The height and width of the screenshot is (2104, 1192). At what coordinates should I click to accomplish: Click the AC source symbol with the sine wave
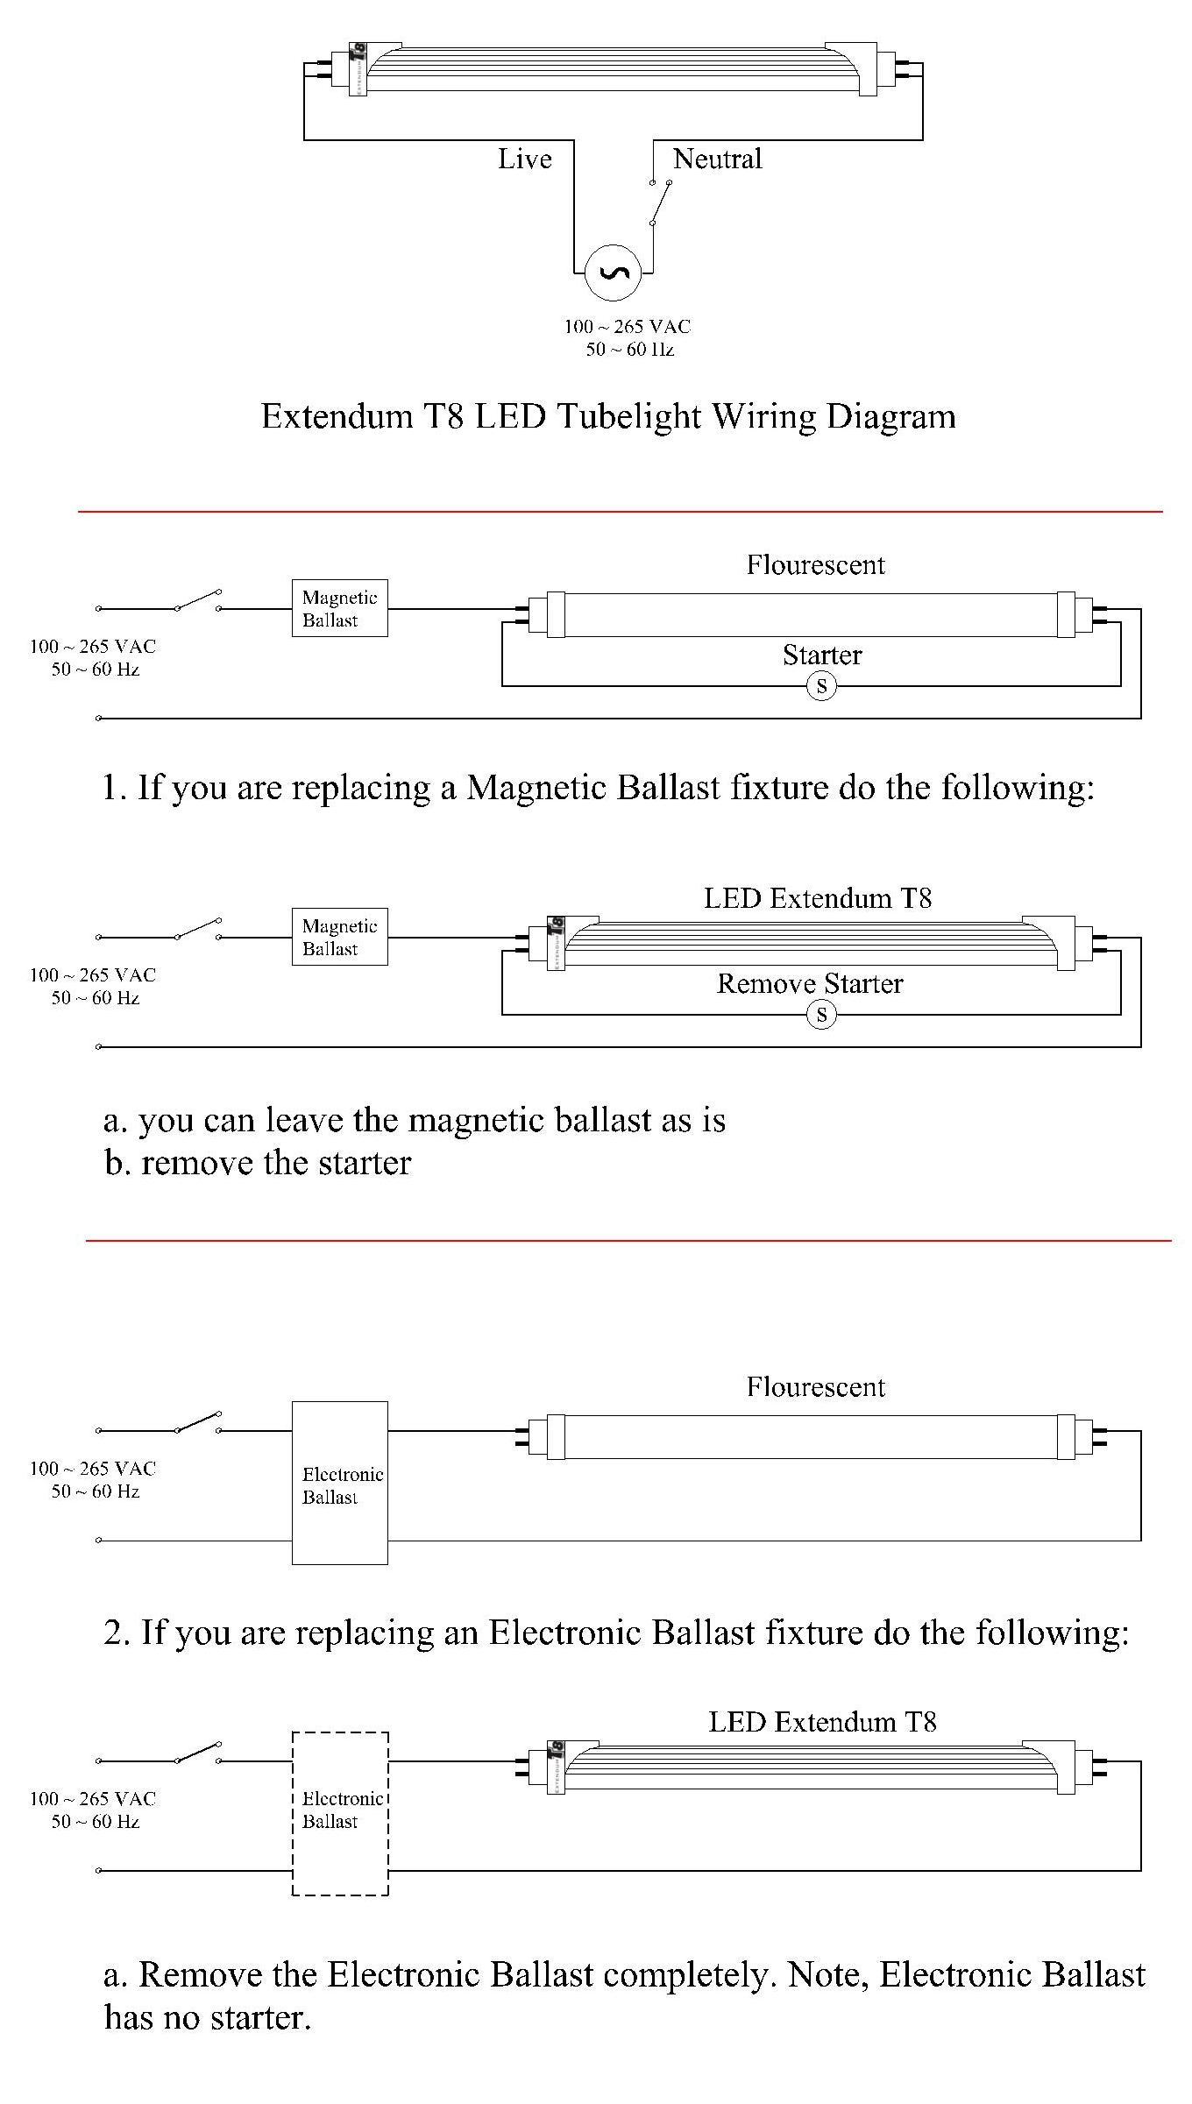pos(614,273)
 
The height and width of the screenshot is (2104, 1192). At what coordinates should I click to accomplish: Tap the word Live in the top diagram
pos(525,159)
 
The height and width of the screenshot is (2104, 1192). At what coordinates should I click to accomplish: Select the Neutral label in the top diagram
pos(717,159)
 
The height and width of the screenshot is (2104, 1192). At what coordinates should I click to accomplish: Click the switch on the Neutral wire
pos(660,202)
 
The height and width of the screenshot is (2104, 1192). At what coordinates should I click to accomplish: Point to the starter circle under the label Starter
pos(821,685)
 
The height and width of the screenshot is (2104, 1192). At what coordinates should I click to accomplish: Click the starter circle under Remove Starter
pos(821,1015)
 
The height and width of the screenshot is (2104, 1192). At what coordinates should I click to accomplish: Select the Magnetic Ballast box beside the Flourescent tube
pos(339,608)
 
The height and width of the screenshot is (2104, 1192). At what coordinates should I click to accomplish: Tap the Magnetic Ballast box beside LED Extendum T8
pos(339,937)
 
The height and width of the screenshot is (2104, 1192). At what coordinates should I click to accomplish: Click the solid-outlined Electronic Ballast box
pos(339,1483)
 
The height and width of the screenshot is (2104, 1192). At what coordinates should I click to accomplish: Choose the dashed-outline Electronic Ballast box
pos(339,1813)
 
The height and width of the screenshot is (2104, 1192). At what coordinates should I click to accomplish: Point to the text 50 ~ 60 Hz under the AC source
pos(629,350)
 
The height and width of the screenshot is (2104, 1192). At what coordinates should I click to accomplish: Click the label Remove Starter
pos(810,983)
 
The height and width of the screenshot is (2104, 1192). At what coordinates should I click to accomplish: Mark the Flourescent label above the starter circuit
pos(815,565)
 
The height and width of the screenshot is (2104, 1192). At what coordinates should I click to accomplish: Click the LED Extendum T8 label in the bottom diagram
pos(822,1722)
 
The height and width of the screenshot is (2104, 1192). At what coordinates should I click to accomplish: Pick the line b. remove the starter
pos(258,1163)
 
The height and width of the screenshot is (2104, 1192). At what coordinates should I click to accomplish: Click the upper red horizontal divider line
pos(620,511)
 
